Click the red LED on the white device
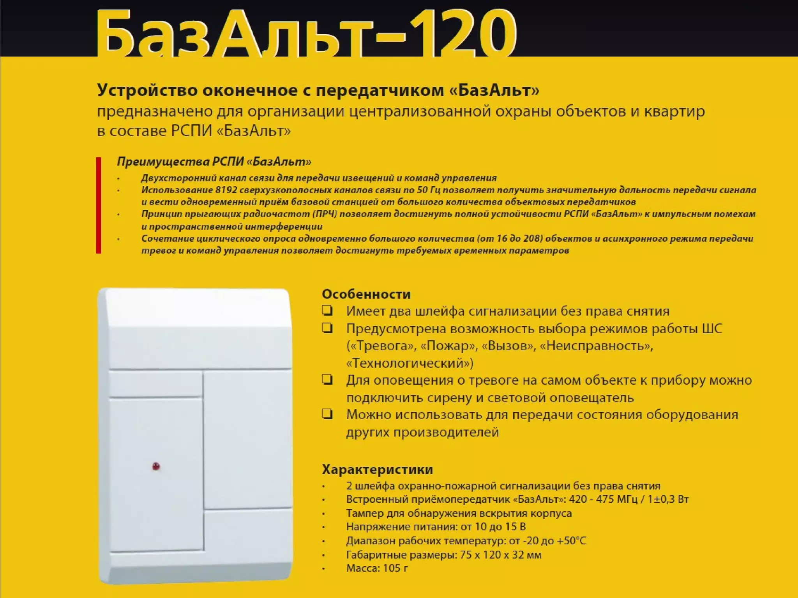coord(156,466)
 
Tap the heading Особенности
coord(366,294)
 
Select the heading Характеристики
coord(377,469)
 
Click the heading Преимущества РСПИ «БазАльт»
coord(214,162)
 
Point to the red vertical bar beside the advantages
coord(99,205)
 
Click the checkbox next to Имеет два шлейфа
coord(327,311)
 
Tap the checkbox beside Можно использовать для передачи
coord(327,414)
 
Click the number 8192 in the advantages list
coord(226,190)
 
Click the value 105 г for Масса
coord(395,568)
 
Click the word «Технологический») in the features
coord(410,363)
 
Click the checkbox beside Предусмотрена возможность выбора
coord(327,328)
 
